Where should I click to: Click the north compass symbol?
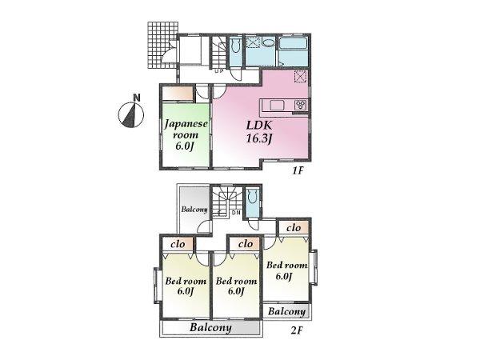point(129,114)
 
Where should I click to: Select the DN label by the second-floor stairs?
point(236,214)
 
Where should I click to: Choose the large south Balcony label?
point(210,328)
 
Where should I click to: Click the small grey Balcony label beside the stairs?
point(194,210)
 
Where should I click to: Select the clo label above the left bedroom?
point(178,243)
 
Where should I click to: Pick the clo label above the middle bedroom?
point(244,243)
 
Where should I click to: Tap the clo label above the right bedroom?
point(293,228)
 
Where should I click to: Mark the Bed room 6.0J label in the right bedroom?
point(287,270)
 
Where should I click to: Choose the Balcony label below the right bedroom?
point(286,312)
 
